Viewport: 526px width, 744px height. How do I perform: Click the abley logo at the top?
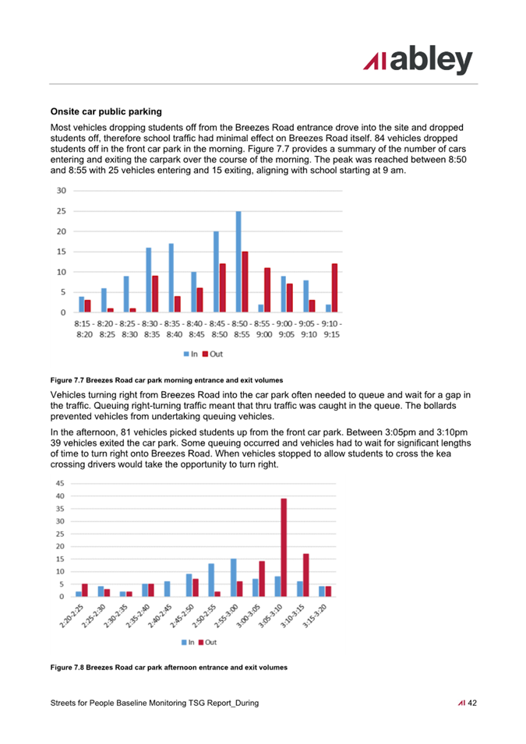418,60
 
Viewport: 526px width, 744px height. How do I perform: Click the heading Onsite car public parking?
106,111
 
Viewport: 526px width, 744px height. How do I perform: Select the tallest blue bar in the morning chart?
238,262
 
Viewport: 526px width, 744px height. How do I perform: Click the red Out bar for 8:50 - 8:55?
245,282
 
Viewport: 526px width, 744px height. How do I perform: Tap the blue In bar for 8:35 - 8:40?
171,277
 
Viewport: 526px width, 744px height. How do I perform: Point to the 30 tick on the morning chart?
62,191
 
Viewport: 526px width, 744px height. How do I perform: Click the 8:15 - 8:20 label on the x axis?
84,329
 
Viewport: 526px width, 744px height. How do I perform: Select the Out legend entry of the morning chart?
213,354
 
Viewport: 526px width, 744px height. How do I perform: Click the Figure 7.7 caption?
167,380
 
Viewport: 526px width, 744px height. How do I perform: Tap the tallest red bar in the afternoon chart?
284,547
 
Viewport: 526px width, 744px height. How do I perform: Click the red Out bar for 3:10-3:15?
306,575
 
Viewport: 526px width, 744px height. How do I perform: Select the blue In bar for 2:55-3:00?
233,577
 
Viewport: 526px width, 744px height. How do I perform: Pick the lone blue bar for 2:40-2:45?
167,589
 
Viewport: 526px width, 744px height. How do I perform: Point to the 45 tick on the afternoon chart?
60,484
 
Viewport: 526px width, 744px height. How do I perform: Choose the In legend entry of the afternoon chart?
188,642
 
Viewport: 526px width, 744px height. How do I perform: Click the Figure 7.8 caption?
169,667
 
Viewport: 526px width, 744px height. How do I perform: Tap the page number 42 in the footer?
472,703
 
